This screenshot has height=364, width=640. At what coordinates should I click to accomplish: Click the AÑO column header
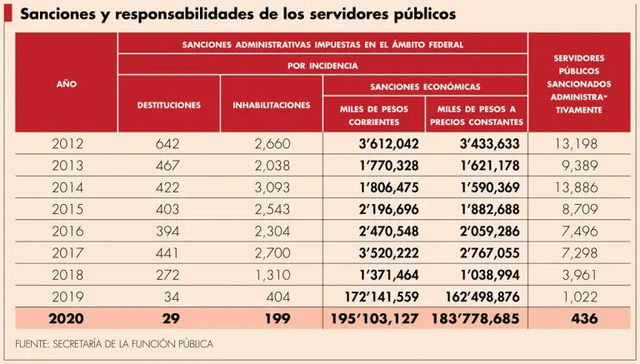coord(66,83)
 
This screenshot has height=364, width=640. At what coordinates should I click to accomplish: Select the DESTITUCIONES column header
coord(168,105)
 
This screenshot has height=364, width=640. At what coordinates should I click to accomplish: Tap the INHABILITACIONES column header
coord(272,105)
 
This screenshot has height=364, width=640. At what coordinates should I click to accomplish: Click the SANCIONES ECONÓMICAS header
coord(425,86)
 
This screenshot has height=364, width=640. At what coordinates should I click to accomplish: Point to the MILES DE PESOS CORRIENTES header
coord(374,115)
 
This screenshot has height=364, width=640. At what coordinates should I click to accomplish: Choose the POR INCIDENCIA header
coord(322,64)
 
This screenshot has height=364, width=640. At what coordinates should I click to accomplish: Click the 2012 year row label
coord(67,144)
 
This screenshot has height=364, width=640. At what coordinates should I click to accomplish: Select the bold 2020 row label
coord(66,319)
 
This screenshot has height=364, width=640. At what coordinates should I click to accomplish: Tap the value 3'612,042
coord(389,144)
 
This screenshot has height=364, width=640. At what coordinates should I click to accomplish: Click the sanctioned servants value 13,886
coord(576,188)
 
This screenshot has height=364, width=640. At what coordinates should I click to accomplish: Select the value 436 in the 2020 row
coord(583,319)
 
